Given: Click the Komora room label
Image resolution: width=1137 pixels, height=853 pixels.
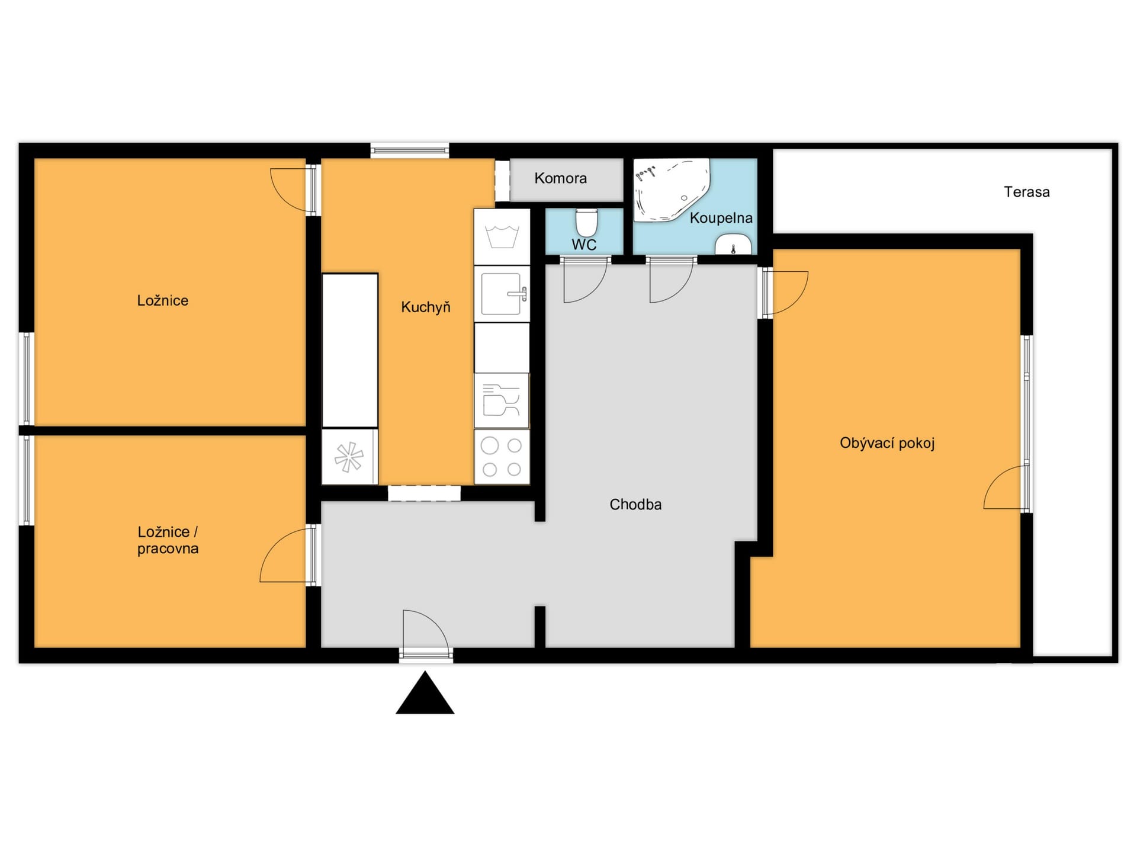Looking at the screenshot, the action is pos(560,178).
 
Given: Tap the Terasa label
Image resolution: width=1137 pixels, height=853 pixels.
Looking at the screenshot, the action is pos(1027,192).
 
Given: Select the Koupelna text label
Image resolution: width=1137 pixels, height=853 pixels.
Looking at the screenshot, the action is pos(721,218).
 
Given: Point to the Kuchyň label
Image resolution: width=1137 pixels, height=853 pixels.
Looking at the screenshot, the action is pos(426,307).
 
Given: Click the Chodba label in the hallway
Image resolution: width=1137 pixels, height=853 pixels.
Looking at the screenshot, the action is pos(635,505).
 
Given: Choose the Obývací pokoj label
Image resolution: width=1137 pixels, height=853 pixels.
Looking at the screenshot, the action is pos(887,443).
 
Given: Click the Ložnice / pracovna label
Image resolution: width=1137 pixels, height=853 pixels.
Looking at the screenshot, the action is pos(168,540).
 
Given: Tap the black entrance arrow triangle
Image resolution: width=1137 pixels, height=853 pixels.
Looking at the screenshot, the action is pos(425,693).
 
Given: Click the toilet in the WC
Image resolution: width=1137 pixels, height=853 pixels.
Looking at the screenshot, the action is pos(587,222).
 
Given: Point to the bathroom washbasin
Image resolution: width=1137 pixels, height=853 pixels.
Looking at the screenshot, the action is pos(733,245).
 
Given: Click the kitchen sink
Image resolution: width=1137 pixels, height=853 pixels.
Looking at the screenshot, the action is pos(502,294).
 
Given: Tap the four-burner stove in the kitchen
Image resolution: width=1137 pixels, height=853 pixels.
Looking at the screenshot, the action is pos(502,457).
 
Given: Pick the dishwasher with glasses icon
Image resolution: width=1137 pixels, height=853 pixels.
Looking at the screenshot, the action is pos(502,400).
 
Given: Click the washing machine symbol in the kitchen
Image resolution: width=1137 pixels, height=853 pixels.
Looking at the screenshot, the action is pos(502,237).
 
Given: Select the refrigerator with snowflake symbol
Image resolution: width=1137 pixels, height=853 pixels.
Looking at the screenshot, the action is pos(349,457).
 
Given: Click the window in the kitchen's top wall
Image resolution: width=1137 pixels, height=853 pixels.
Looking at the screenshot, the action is pos(410,150).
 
